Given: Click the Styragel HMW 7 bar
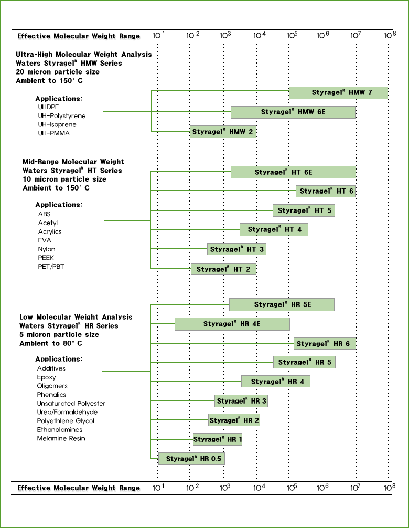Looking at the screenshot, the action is point(338,92).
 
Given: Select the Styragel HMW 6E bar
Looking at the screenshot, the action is point(293,112).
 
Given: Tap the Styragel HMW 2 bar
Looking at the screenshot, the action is point(223,132).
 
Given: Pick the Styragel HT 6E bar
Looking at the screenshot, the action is point(293,172).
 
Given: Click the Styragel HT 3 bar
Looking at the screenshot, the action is point(236,249).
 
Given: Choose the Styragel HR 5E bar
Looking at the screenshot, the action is point(282,305).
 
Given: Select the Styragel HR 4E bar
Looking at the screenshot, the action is point(232,324).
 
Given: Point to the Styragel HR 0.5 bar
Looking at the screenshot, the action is point(191,459).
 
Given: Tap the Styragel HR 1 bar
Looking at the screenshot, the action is point(218,439).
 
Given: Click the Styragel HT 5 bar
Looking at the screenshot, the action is point(304,210).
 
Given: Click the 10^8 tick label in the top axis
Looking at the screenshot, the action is point(390,35).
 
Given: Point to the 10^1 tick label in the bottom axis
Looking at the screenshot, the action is point(158,487).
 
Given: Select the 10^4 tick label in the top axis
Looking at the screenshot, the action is point(260,35).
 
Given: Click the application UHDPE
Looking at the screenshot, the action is point(48,107).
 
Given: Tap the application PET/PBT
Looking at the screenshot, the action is point(51,267).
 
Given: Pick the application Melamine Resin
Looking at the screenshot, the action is point(61,438).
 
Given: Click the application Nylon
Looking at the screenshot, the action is point(47,249).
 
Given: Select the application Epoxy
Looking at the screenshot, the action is point(47,377).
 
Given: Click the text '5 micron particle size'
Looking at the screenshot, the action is point(59,335).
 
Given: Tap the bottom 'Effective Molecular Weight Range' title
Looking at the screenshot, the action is point(79,488).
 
